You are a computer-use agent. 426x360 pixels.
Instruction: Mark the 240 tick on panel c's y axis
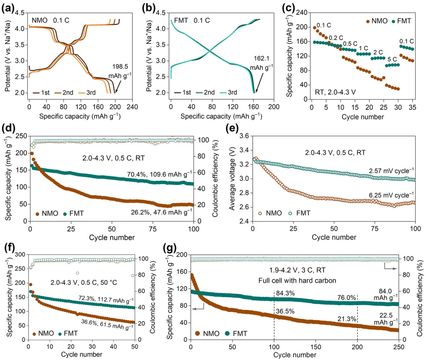pyautogui.click(x=302, y=13)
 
